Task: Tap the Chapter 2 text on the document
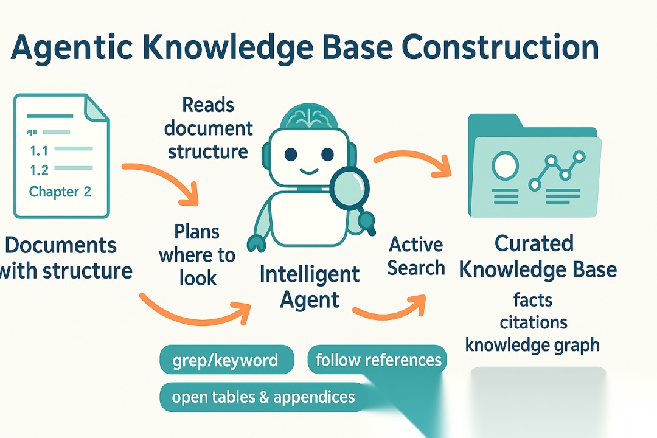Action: click(60, 192)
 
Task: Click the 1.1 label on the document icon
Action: click(38, 150)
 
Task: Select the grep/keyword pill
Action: click(226, 360)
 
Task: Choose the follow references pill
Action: click(378, 360)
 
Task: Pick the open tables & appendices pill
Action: click(263, 397)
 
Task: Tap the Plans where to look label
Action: click(197, 255)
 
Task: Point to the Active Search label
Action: click(416, 256)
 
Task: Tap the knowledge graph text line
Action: click(532, 345)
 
